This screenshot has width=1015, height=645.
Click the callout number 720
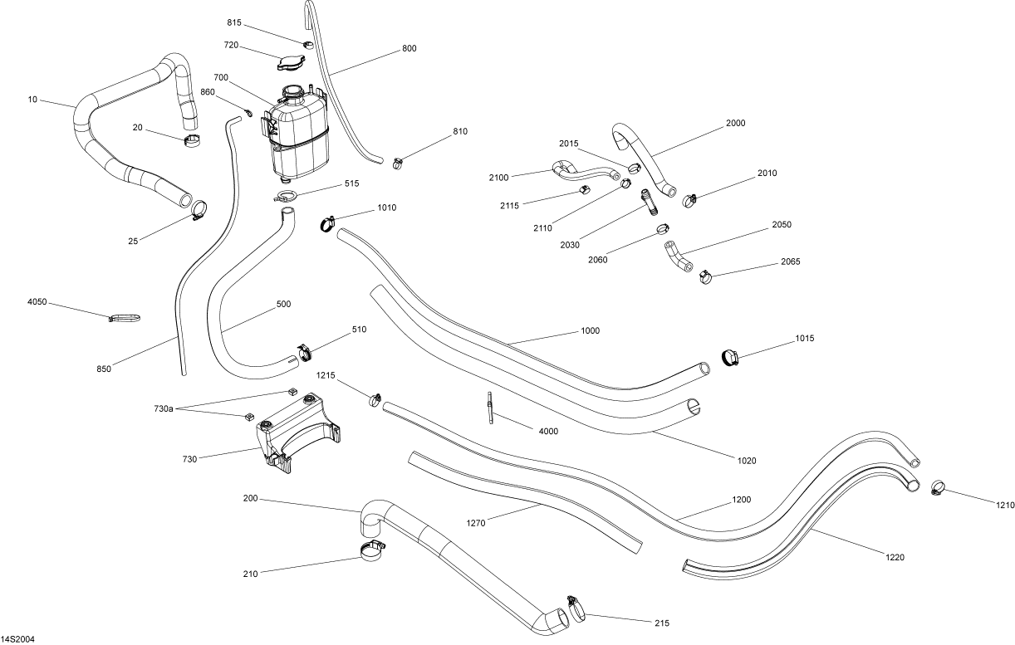coord(231,44)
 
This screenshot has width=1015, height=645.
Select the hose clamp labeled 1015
coord(729,356)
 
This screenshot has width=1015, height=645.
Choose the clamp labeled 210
coord(374,550)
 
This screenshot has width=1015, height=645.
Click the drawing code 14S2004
coord(17,639)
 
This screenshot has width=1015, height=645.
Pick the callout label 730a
coord(164,408)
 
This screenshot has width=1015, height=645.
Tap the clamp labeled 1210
coord(938,486)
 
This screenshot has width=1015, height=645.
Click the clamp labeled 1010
coord(326,222)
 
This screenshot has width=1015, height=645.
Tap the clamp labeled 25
coord(199,209)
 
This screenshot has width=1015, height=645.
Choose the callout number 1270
coord(475,522)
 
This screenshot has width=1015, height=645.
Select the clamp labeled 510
coord(302,353)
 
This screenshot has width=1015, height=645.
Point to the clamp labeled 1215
coord(375,400)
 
